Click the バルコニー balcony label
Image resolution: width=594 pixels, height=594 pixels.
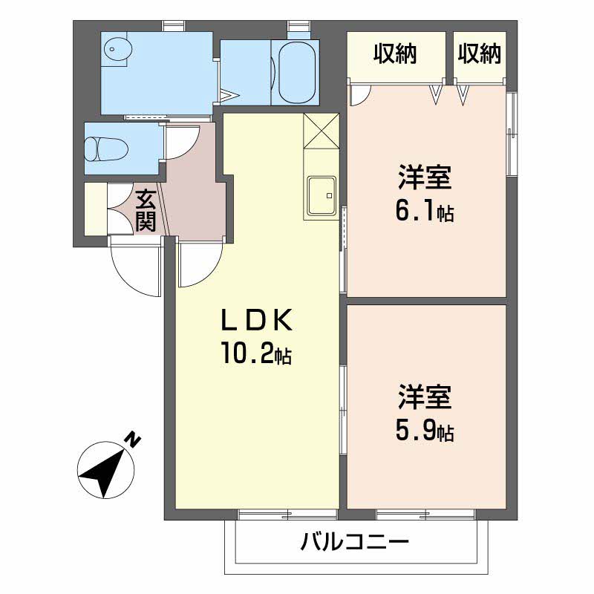[356, 542]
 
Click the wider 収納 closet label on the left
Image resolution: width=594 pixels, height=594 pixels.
[394, 53]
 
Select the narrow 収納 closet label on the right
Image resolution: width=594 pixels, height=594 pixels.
[479, 53]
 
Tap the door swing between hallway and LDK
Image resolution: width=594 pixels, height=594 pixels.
[199, 264]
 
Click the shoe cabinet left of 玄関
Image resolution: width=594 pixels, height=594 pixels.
[96, 209]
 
